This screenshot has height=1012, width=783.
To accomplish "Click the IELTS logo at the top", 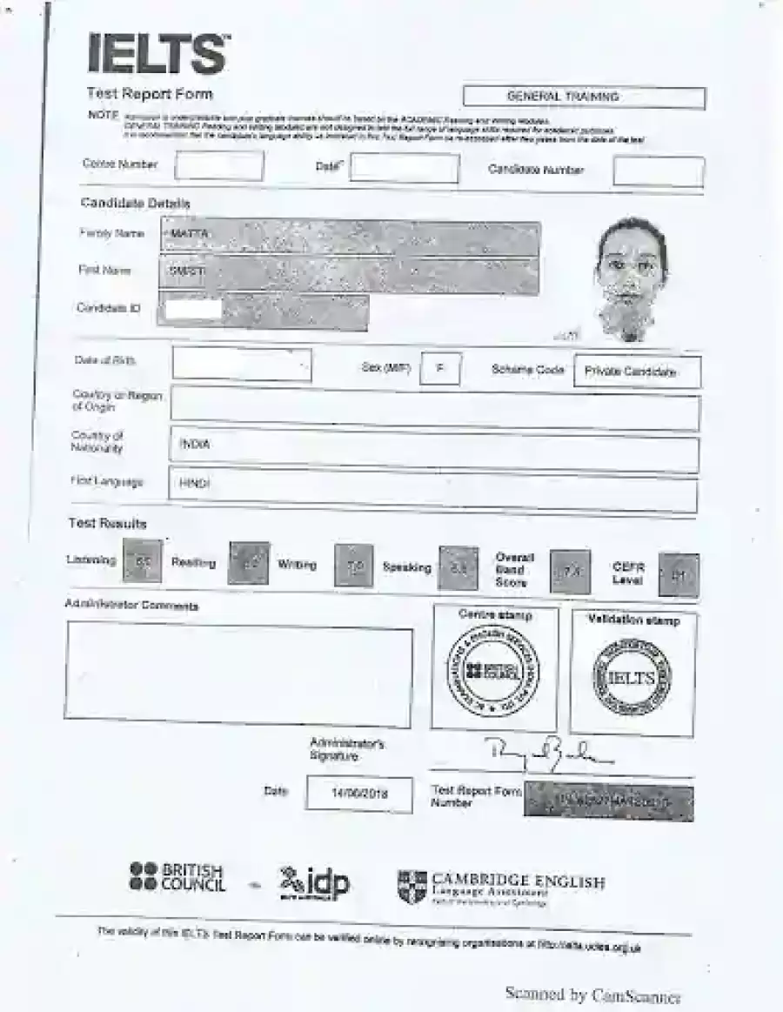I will pos(158,54).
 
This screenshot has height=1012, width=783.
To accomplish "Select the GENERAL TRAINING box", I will pos(584,97).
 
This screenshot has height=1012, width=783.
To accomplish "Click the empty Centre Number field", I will pos(218,165).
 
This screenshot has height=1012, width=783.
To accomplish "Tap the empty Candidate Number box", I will pos(658,171).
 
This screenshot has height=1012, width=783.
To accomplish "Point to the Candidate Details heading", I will pos(135,203).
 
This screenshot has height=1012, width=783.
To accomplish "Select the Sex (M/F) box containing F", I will pos(440,368).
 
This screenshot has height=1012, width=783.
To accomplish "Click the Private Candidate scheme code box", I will pos(638,372).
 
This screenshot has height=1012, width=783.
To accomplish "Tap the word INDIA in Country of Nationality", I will pos(195,445).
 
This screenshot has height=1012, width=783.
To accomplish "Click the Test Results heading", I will pos(108,524).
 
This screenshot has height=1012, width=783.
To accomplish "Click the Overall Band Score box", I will pos(570,572).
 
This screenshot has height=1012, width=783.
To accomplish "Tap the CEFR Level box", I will pos(679,575).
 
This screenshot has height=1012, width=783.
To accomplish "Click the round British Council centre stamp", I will pos(492,671).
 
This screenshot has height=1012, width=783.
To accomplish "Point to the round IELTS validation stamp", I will pos(632,678).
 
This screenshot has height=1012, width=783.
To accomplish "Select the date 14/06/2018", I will pos(359,794).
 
